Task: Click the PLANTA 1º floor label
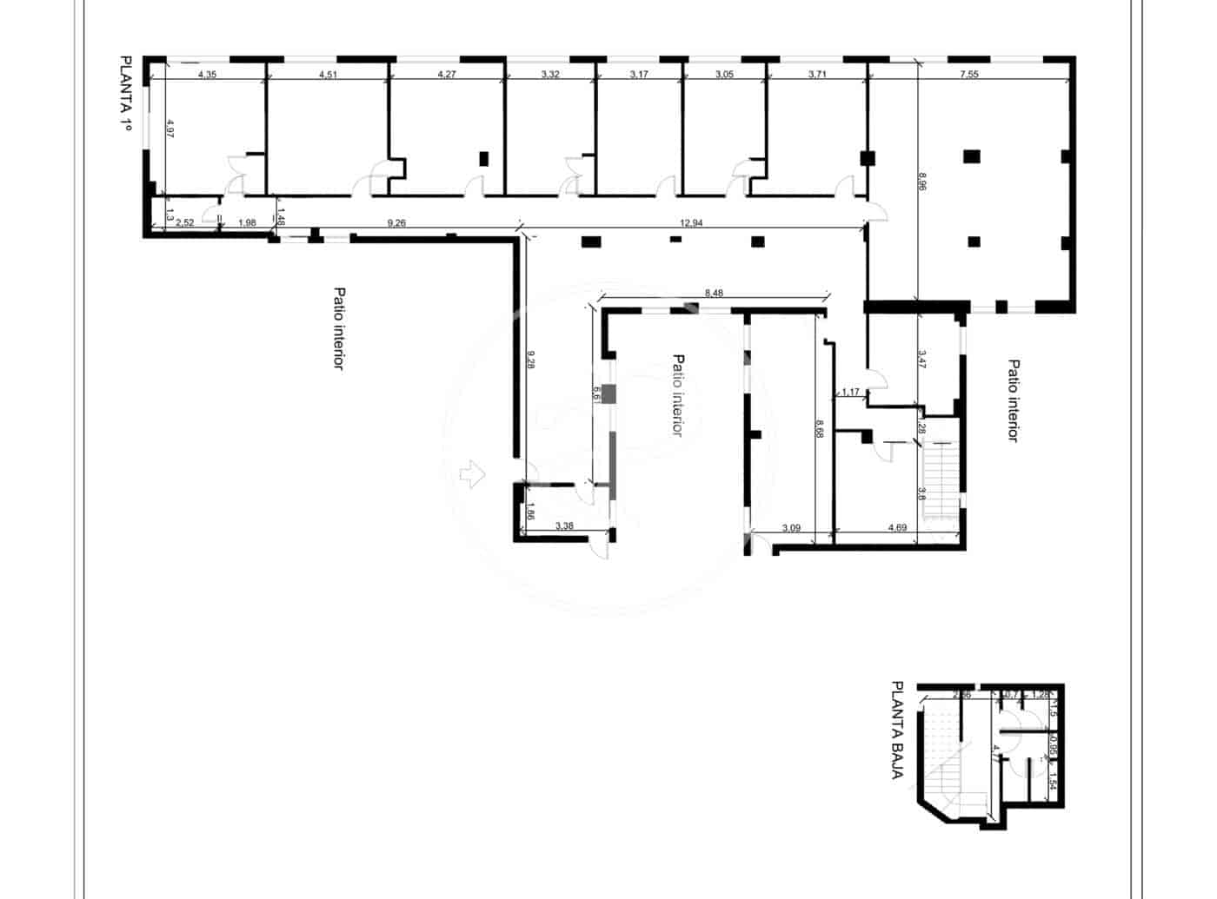(x=125, y=94)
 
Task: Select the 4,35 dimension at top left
(x=207, y=75)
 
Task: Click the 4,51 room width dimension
(x=328, y=75)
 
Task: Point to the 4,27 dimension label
(x=446, y=75)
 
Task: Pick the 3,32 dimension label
(x=550, y=75)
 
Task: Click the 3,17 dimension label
(x=639, y=75)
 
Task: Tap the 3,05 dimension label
(x=724, y=75)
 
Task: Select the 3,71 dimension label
(x=816, y=75)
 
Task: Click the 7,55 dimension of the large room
(x=968, y=75)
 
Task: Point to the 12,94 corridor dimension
(x=691, y=223)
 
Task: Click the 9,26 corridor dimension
(x=396, y=223)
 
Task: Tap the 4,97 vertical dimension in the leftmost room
(x=170, y=129)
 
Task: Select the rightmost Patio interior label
(x=1011, y=400)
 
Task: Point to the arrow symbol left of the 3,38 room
(x=470, y=473)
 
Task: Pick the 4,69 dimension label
(x=897, y=527)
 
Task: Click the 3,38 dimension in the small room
(x=564, y=526)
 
